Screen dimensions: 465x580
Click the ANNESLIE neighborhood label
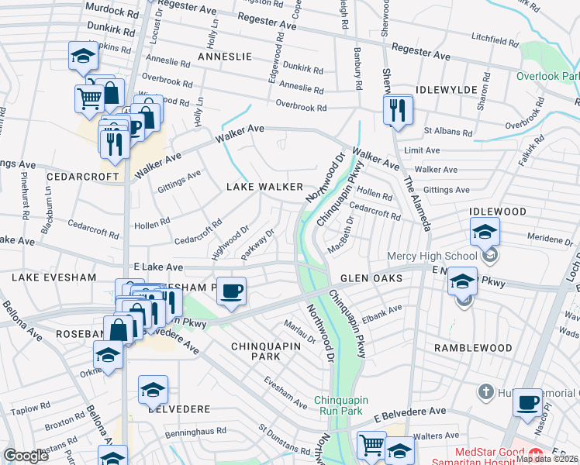[225, 57]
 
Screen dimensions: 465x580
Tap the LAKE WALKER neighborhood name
[264, 187]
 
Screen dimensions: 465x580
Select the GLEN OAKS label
[371, 277]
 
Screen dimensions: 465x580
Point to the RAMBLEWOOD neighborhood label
[473, 348]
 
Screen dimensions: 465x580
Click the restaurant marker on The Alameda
[398, 110]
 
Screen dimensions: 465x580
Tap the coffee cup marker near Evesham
[231, 291]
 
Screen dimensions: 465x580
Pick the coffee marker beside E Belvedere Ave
[527, 402]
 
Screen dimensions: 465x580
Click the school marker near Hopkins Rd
[83, 56]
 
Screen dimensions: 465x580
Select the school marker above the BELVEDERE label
[153, 390]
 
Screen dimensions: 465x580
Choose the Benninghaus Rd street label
[200, 430]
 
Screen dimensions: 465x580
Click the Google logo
[26, 456]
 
